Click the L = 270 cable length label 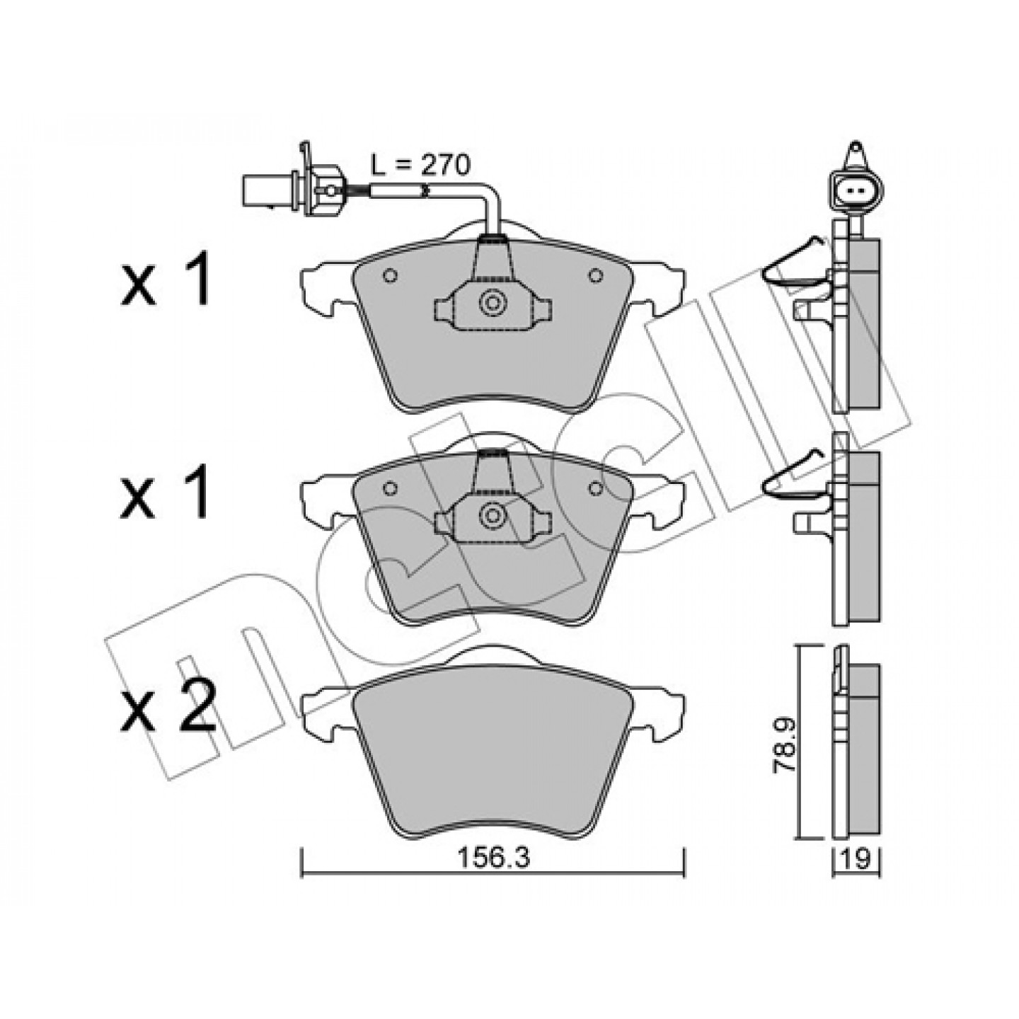point(420,166)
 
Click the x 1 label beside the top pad point(166,279)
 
